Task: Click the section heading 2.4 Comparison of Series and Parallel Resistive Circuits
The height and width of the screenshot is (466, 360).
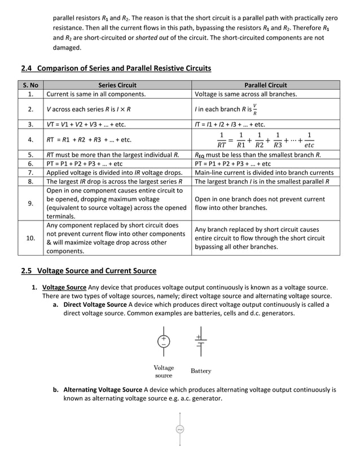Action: coord(116,68)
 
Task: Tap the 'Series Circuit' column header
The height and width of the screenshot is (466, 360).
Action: coord(117,85)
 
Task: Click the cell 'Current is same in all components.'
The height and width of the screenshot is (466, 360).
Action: coord(96,94)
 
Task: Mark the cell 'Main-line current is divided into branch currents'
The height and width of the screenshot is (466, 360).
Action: coord(264,173)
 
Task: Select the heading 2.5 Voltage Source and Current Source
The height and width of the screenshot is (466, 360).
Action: coord(89,271)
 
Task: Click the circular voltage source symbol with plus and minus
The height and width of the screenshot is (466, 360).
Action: coord(164,341)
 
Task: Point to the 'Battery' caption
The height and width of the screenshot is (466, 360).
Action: coord(201,371)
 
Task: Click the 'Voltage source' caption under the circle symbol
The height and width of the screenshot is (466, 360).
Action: coord(164,371)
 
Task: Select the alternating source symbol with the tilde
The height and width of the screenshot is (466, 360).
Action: coord(180,430)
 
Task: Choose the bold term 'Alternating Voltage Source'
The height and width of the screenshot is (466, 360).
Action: coord(103,390)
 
